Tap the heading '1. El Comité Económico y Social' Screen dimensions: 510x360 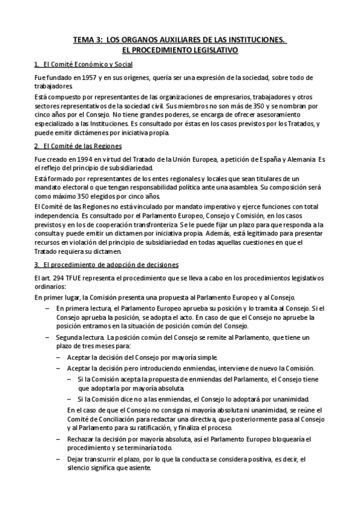(84, 64)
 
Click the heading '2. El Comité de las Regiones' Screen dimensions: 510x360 (78, 146)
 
